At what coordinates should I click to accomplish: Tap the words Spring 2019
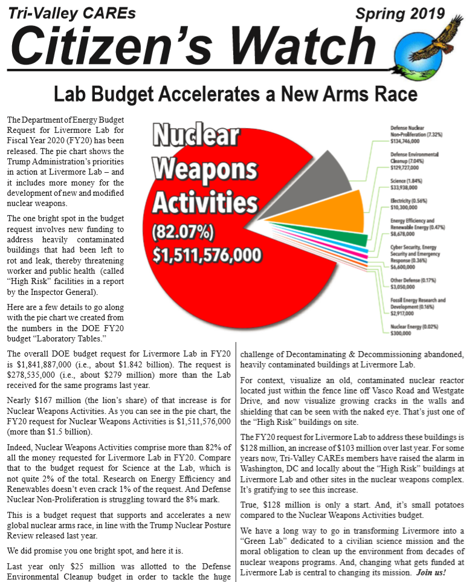coord(400,13)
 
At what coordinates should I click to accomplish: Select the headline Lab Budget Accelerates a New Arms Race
coord(236,94)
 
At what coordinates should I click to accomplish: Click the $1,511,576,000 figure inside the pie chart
coord(207,255)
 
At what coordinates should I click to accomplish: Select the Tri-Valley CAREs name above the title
coord(72,13)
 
